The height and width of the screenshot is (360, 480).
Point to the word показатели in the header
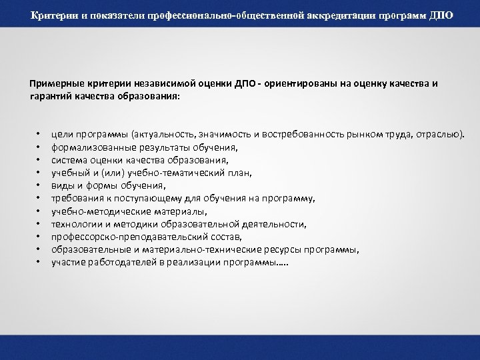pos(117,15)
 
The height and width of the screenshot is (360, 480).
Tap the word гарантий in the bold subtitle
pos(48,95)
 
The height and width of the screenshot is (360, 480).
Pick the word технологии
pos(77,224)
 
